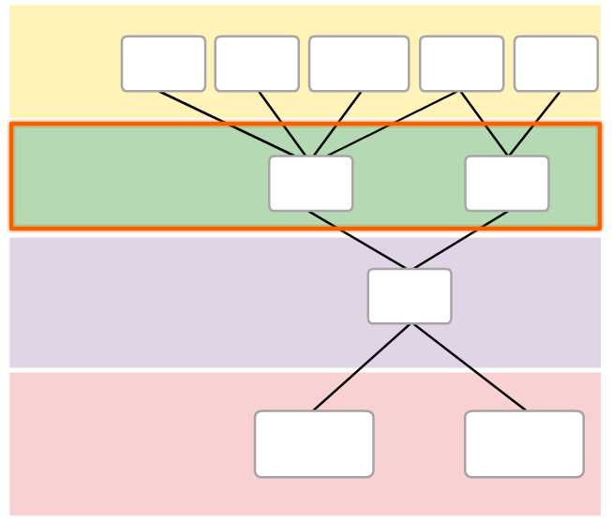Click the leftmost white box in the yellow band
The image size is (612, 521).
[x=163, y=64]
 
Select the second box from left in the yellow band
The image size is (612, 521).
[x=257, y=64]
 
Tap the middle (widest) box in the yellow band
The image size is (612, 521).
[x=359, y=64]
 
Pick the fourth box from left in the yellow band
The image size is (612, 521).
[x=462, y=64]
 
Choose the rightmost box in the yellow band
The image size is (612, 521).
[x=556, y=64]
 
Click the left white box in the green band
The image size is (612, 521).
[x=311, y=184]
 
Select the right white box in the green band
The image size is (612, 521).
[x=507, y=184]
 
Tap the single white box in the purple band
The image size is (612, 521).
[x=410, y=296]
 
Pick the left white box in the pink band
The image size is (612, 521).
[x=314, y=443]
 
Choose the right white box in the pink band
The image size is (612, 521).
[x=524, y=443]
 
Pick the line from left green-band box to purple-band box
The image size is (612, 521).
[x=360, y=240]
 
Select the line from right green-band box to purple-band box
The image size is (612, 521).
[x=459, y=240]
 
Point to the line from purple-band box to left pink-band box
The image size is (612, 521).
[x=362, y=367]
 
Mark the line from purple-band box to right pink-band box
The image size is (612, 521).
[x=467, y=367]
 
